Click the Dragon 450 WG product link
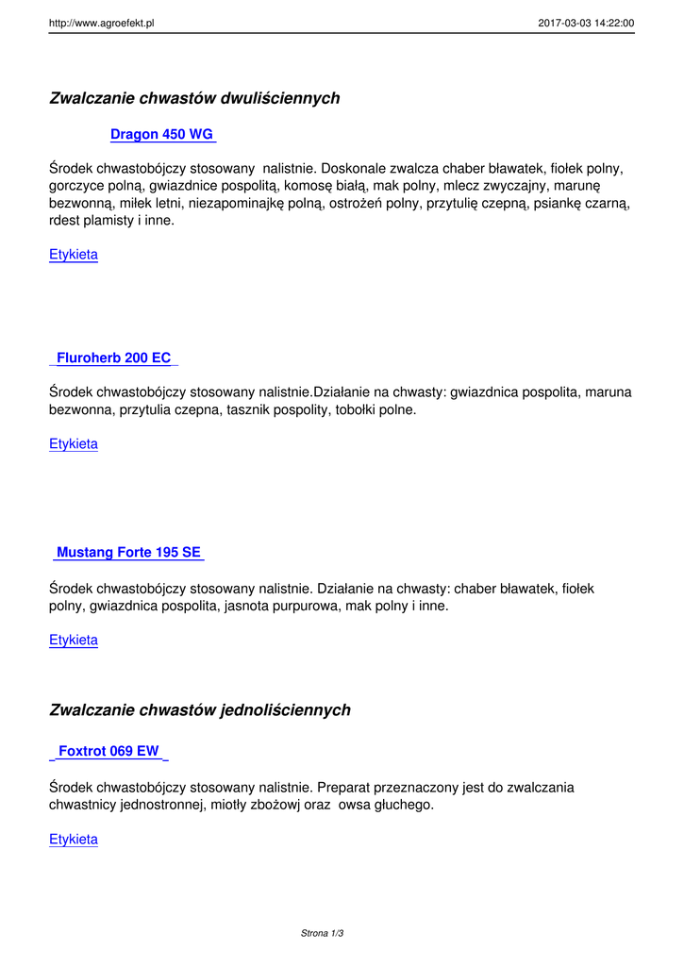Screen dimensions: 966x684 click(162, 135)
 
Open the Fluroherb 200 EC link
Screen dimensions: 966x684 click(114, 358)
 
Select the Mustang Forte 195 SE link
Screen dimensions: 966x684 click(128, 553)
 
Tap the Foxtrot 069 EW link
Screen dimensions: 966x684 click(108, 752)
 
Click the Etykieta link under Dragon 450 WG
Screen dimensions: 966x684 click(74, 255)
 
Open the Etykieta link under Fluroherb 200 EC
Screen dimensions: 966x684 click(74, 444)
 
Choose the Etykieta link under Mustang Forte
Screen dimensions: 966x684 click(74, 641)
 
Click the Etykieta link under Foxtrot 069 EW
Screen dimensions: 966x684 click(74, 840)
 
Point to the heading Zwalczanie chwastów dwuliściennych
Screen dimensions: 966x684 click(194, 99)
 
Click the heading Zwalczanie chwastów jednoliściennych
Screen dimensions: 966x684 click(200, 710)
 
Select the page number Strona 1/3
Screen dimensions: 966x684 click(322, 934)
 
